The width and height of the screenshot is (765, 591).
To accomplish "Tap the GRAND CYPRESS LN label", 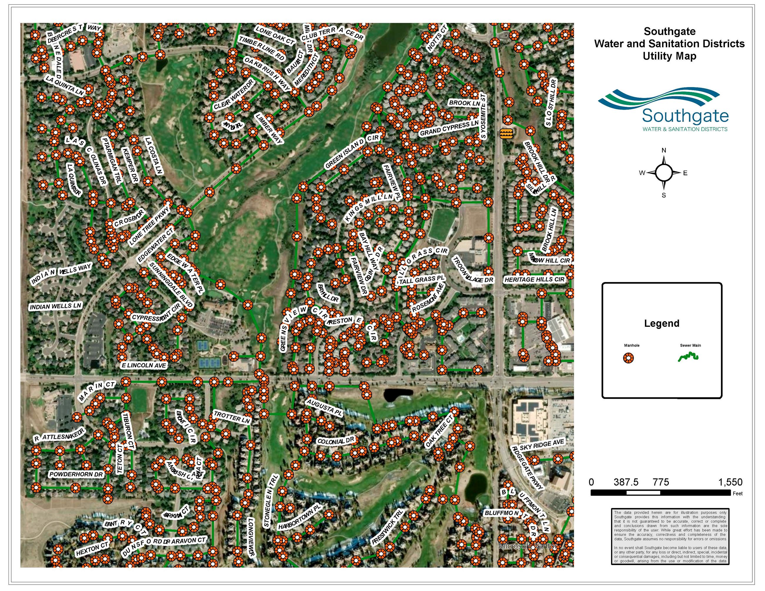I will click(x=449, y=128).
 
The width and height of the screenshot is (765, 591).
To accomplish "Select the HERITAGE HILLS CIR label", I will click(x=535, y=279).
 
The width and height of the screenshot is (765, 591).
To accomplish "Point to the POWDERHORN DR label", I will click(x=76, y=475).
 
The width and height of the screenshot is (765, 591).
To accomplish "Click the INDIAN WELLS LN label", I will click(x=56, y=307).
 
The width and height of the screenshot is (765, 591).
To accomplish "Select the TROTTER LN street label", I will click(x=232, y=417).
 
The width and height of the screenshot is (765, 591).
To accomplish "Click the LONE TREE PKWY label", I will click(x=149, y=226).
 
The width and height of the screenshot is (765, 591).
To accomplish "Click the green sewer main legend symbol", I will click(x=688, y=357).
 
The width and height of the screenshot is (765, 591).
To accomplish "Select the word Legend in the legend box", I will click(x=662, y=323).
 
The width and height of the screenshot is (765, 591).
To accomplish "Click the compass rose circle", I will click(x=663, y=173).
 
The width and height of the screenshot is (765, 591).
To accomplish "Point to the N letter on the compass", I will click(x=663, y=151).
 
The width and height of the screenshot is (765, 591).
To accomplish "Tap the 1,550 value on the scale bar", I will click(x=730, y=482).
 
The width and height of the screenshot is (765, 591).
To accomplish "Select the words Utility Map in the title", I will click(x=669, y=56).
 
